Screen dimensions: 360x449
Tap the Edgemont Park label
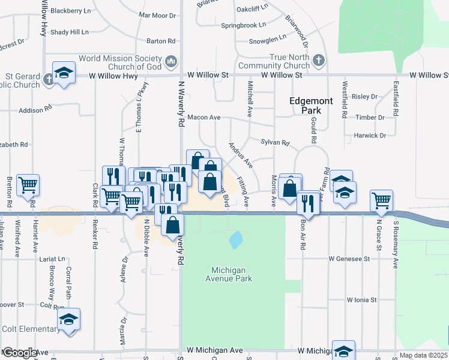[x=310, y=106]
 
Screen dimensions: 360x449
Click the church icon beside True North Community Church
[x=318, y=61]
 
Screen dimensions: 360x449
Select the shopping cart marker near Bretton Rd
[x=28, y=185]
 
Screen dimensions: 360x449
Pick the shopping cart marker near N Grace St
[x=381, y=201]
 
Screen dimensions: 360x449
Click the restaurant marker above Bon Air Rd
[x=309, y=202]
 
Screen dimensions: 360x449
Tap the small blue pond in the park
[x=236, y=241]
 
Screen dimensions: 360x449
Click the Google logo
[x=19, y=353]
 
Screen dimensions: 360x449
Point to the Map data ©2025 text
[x=424, y=355]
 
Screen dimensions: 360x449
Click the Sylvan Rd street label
[x=275, y=143]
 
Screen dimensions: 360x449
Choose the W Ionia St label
[x=361, y=299]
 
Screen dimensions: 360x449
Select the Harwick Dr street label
[x=370, y=136]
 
